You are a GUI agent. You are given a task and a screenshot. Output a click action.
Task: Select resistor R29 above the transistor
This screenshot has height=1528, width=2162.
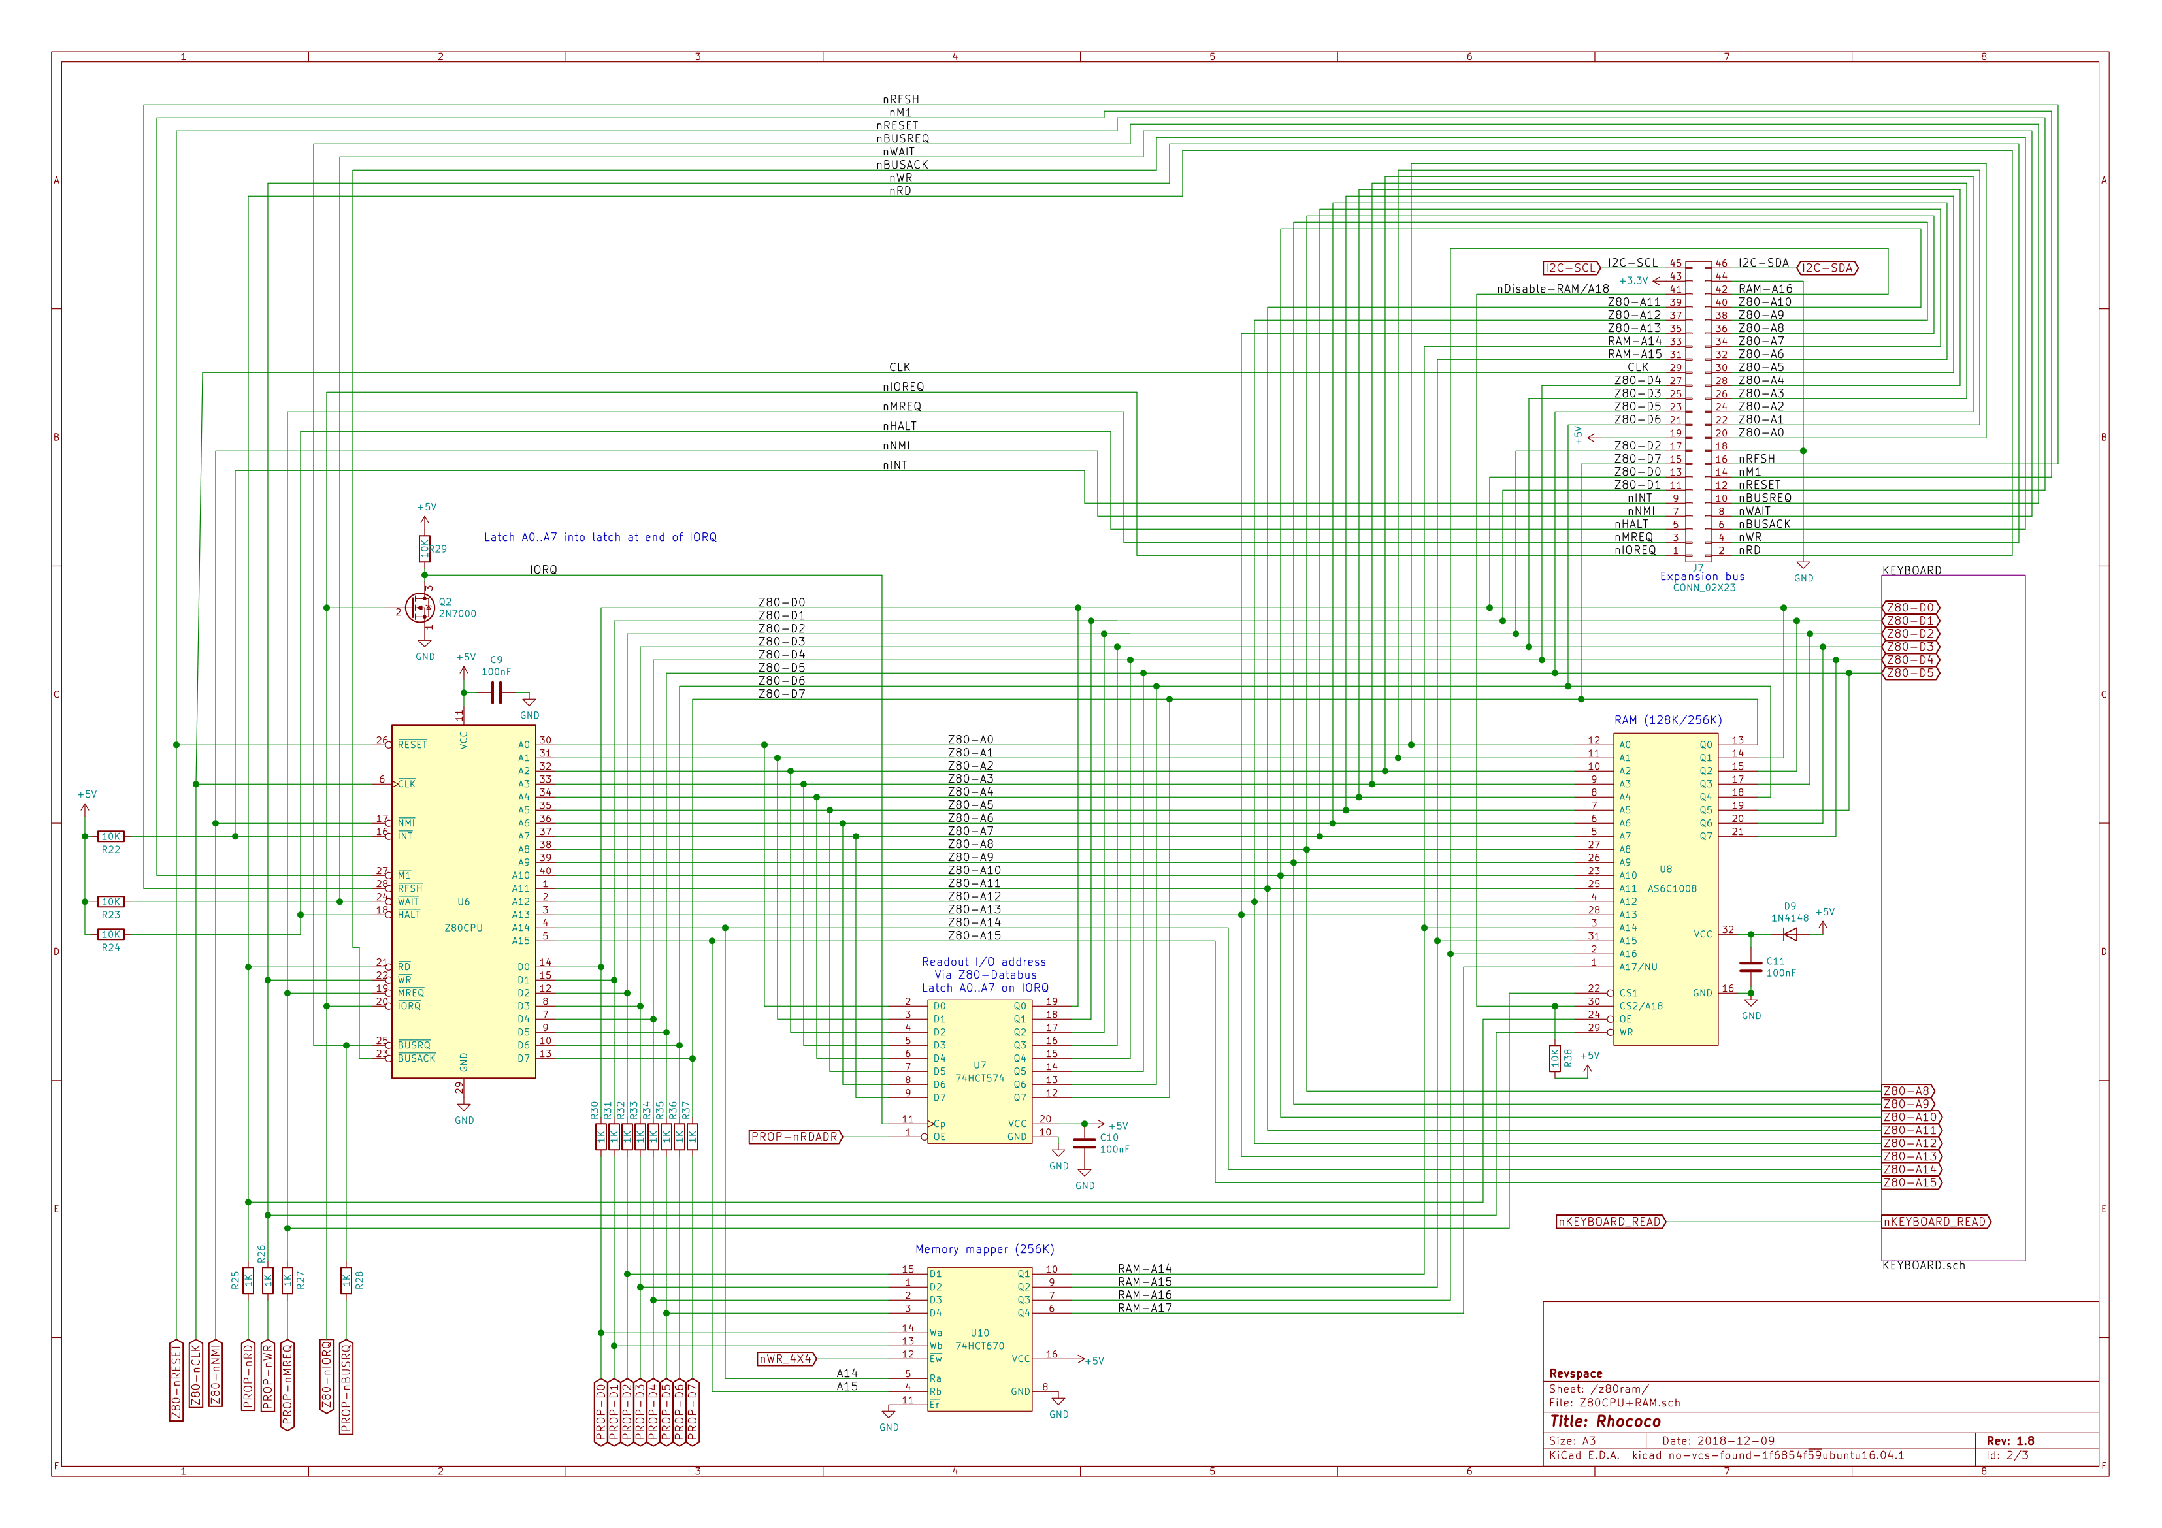click(425, 548)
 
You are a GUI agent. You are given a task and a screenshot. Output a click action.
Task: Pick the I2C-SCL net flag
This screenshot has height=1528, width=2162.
click(1571, 268)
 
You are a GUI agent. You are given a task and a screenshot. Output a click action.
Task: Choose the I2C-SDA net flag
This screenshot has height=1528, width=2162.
click(1827, 268)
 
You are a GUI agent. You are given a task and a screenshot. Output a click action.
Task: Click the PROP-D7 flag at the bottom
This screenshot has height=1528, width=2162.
click(692, 1412)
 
